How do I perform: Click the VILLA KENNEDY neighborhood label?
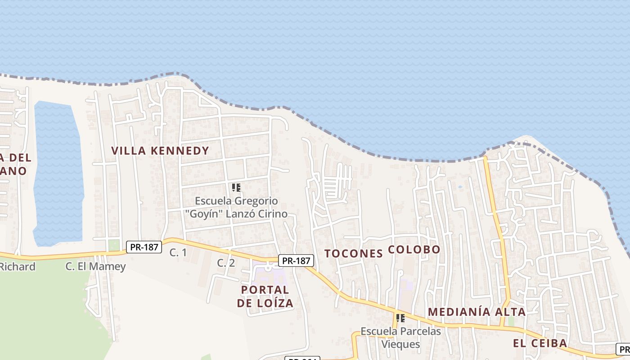[x=160, y=151]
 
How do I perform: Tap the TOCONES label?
[x=353, y=253]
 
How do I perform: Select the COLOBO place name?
[x=414, y=249]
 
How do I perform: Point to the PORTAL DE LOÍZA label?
[x=265, y=296]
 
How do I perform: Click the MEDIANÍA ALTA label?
[x=477, y=312]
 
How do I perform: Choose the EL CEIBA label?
[x=540, y=343]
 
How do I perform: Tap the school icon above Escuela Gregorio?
[x=236, y=188]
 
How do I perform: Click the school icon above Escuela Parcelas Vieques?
[x=400, y=318]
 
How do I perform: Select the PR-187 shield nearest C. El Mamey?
[x=144, y=247]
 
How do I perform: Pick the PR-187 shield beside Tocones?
[x=296, y=261]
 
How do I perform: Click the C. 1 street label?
[x=178, y=253]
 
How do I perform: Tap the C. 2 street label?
[x=226, y=263]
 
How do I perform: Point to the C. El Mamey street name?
[x=95, y=266]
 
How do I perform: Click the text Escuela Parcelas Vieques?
[x=400, y=338]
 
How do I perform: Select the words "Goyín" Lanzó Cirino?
[x=236, y=214]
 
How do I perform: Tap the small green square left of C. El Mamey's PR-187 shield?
[x=114, y=245]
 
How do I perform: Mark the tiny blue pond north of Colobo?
[x=459, y=187]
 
